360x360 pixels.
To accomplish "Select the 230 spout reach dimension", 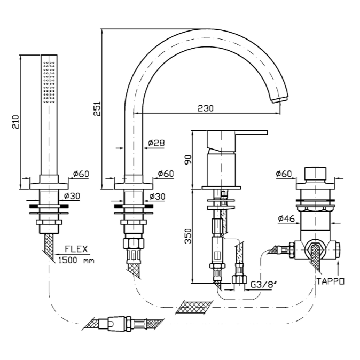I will point(205,108).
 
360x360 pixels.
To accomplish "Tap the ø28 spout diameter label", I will point(156,143).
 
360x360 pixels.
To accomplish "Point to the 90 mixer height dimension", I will point(186,159).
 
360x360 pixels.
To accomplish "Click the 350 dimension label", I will point(187,236).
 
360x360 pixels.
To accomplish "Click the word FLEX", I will point(77,249).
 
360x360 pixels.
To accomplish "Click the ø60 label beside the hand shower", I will point(81,174).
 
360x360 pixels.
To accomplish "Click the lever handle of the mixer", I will point(238,133).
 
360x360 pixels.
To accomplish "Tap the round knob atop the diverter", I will point(316,174).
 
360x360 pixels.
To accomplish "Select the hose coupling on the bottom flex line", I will point(120,323).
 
